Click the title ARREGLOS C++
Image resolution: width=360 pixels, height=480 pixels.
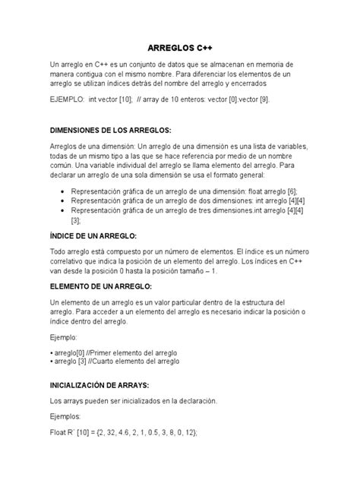179,47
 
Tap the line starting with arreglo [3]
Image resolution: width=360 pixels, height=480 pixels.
115,363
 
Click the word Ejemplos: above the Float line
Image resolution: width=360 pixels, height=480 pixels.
65,416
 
